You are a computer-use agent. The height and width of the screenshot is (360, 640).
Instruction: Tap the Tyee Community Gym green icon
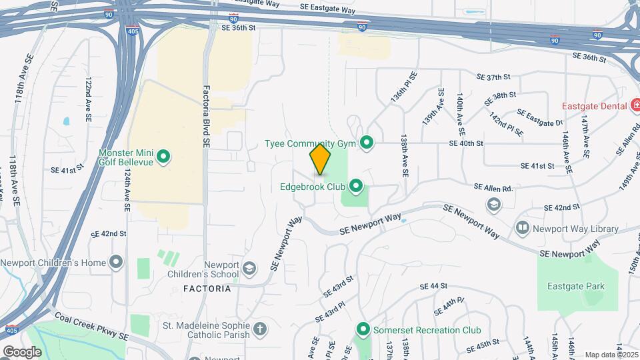point(366,143)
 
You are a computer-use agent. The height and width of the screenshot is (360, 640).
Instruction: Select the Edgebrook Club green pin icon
point(356,185)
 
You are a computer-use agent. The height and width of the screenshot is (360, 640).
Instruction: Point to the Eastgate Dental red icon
point(636,106)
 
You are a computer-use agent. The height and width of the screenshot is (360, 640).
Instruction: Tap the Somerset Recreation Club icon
point(363,329)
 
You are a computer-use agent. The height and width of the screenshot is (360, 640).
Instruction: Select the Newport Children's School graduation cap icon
point(249,269)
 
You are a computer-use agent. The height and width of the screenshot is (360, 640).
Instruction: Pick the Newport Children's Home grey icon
point(117,262)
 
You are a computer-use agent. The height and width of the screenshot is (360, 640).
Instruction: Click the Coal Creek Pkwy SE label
point(91,325)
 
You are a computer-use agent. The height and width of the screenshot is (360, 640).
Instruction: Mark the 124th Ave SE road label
point(127,190)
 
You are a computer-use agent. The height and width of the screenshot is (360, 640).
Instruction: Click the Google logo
point(22,351)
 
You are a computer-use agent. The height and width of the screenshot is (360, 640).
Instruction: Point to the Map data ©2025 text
point(610,355)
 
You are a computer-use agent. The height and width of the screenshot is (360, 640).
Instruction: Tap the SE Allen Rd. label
point(493,188)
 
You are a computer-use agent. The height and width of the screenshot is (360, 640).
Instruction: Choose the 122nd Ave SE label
point(88,99)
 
